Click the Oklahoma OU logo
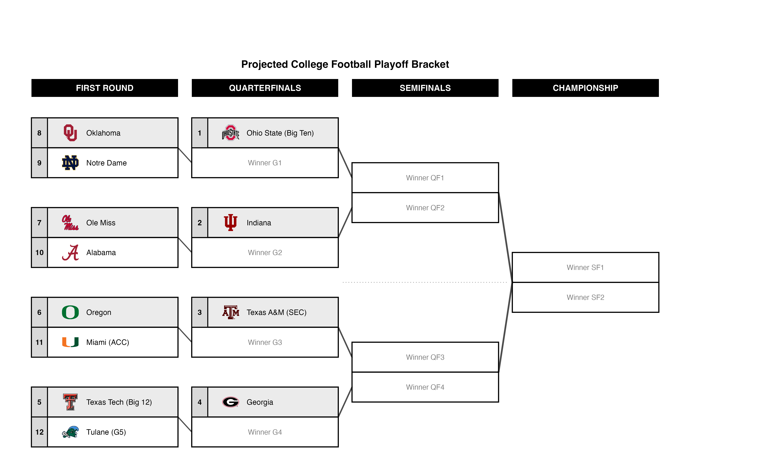(70, 133)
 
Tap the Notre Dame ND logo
(70, 163)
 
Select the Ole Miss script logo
(70, 223)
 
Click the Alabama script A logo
(70, 253)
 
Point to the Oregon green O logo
(70, 312)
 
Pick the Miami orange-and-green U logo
(70, 342)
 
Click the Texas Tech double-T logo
(70, 402)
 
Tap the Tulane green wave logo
(70, 432)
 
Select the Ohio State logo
(231, 133)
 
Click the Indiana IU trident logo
(231, 223)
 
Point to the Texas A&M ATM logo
(231, 312)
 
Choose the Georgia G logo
(231, 402)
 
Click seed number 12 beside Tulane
(40, 432)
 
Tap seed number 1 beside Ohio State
(199, 133)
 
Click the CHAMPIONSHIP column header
(585, 88)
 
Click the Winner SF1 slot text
(585, 267)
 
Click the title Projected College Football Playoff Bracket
(345, 64)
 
